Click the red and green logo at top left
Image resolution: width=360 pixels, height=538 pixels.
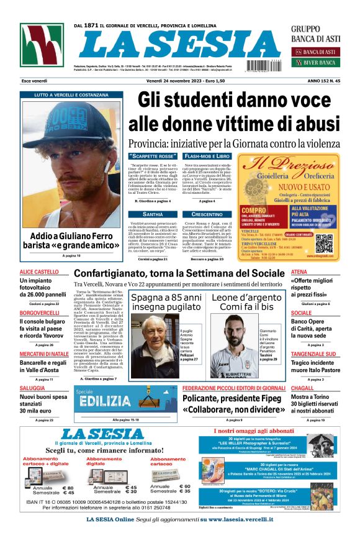pos(42,46)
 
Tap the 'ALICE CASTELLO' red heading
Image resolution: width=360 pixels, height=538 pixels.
pos(38,272)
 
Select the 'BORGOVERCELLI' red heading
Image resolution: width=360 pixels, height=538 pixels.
pos(40,312)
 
